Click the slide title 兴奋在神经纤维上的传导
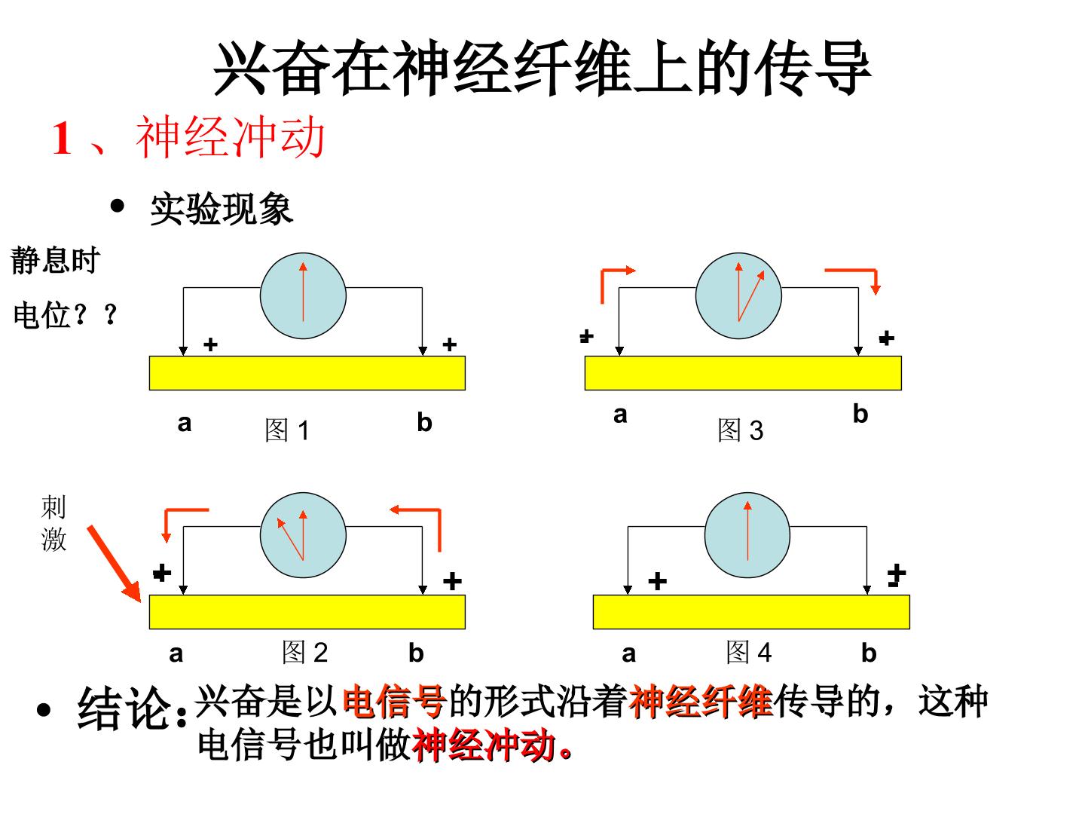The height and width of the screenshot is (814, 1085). pos(542,68)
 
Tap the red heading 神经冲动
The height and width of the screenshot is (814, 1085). pos(231,137)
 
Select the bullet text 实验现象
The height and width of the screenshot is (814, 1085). pos(222,209)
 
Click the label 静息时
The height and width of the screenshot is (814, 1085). pos(55,260)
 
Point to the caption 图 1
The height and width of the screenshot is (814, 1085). pos(287,430)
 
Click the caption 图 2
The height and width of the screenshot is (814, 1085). pos(305,653)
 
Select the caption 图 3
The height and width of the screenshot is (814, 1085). pos(741,430)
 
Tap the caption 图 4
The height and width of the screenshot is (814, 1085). pos(749,653)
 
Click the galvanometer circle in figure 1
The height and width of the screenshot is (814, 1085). pos(303,296)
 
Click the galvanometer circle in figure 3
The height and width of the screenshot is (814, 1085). pos(738,296)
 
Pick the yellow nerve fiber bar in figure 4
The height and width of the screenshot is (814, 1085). pos(751,612)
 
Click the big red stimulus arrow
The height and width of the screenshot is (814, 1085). pos(115,564)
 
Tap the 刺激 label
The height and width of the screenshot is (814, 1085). pos(53,523)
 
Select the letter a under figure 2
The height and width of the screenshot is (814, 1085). pos(176,654)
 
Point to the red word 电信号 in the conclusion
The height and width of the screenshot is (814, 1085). pos(395,701)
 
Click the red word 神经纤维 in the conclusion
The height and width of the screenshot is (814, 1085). pos(701,701)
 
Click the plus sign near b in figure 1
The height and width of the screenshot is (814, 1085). pos(449,344)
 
